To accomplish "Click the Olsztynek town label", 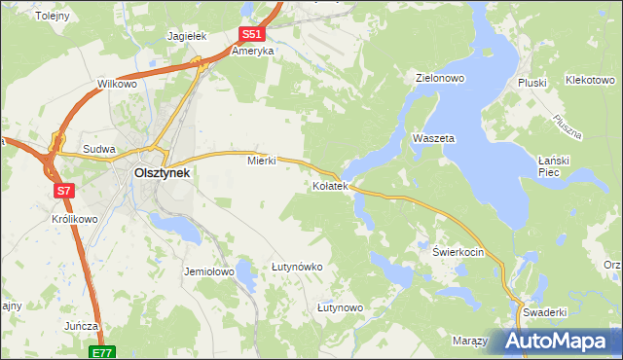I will pos(162,173).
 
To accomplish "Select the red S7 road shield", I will pos(64,191).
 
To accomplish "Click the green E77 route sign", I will pos(103,352).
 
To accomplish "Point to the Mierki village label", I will pos(262,162).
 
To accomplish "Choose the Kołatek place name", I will pos(330,185).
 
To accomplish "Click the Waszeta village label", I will pos(434,139).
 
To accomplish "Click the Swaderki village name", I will pos(544,312).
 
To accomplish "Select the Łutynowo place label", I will pos(340,307).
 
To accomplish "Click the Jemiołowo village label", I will pos(209,272).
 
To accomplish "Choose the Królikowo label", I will pos(75,220).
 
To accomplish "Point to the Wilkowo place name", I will pos(117,85).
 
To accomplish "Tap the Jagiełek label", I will pos(188,36).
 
